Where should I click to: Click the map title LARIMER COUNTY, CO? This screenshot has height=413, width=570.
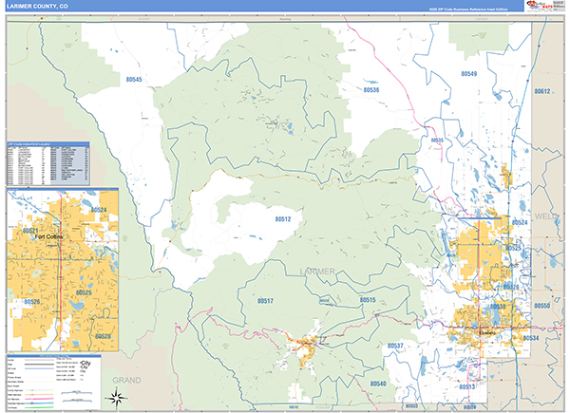pyautogui.click(x=37, y=7)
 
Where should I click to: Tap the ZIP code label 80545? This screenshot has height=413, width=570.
pyautogui.click(x=132, y=80)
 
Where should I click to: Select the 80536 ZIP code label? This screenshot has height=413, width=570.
pyautogui.click(x=371, y=90)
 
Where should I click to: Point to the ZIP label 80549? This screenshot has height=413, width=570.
pyautogui.click(x=468, y=73)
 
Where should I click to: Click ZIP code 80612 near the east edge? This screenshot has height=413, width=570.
pyautogui.click(x=542, y=91)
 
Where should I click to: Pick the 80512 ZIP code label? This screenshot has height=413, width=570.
pyautogui.click(x=283, y=219)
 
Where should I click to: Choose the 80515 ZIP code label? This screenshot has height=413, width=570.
pyautogui.click(x=368, y=300)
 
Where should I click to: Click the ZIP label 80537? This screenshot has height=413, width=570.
pyautogui.click(x=396, y=346)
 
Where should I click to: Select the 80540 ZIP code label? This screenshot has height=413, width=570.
pyautogui.click(x=378, y=384)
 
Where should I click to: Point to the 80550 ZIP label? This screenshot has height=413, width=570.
pyautogui.click(x=541, y=307)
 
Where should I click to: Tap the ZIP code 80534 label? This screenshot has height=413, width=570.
pyautogui.click(x=531, y=338)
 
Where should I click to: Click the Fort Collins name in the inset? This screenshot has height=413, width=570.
pyautogui.click(x=47, y=238)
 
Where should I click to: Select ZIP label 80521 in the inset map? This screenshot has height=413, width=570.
pyautogui.click(x=29, y=230)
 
